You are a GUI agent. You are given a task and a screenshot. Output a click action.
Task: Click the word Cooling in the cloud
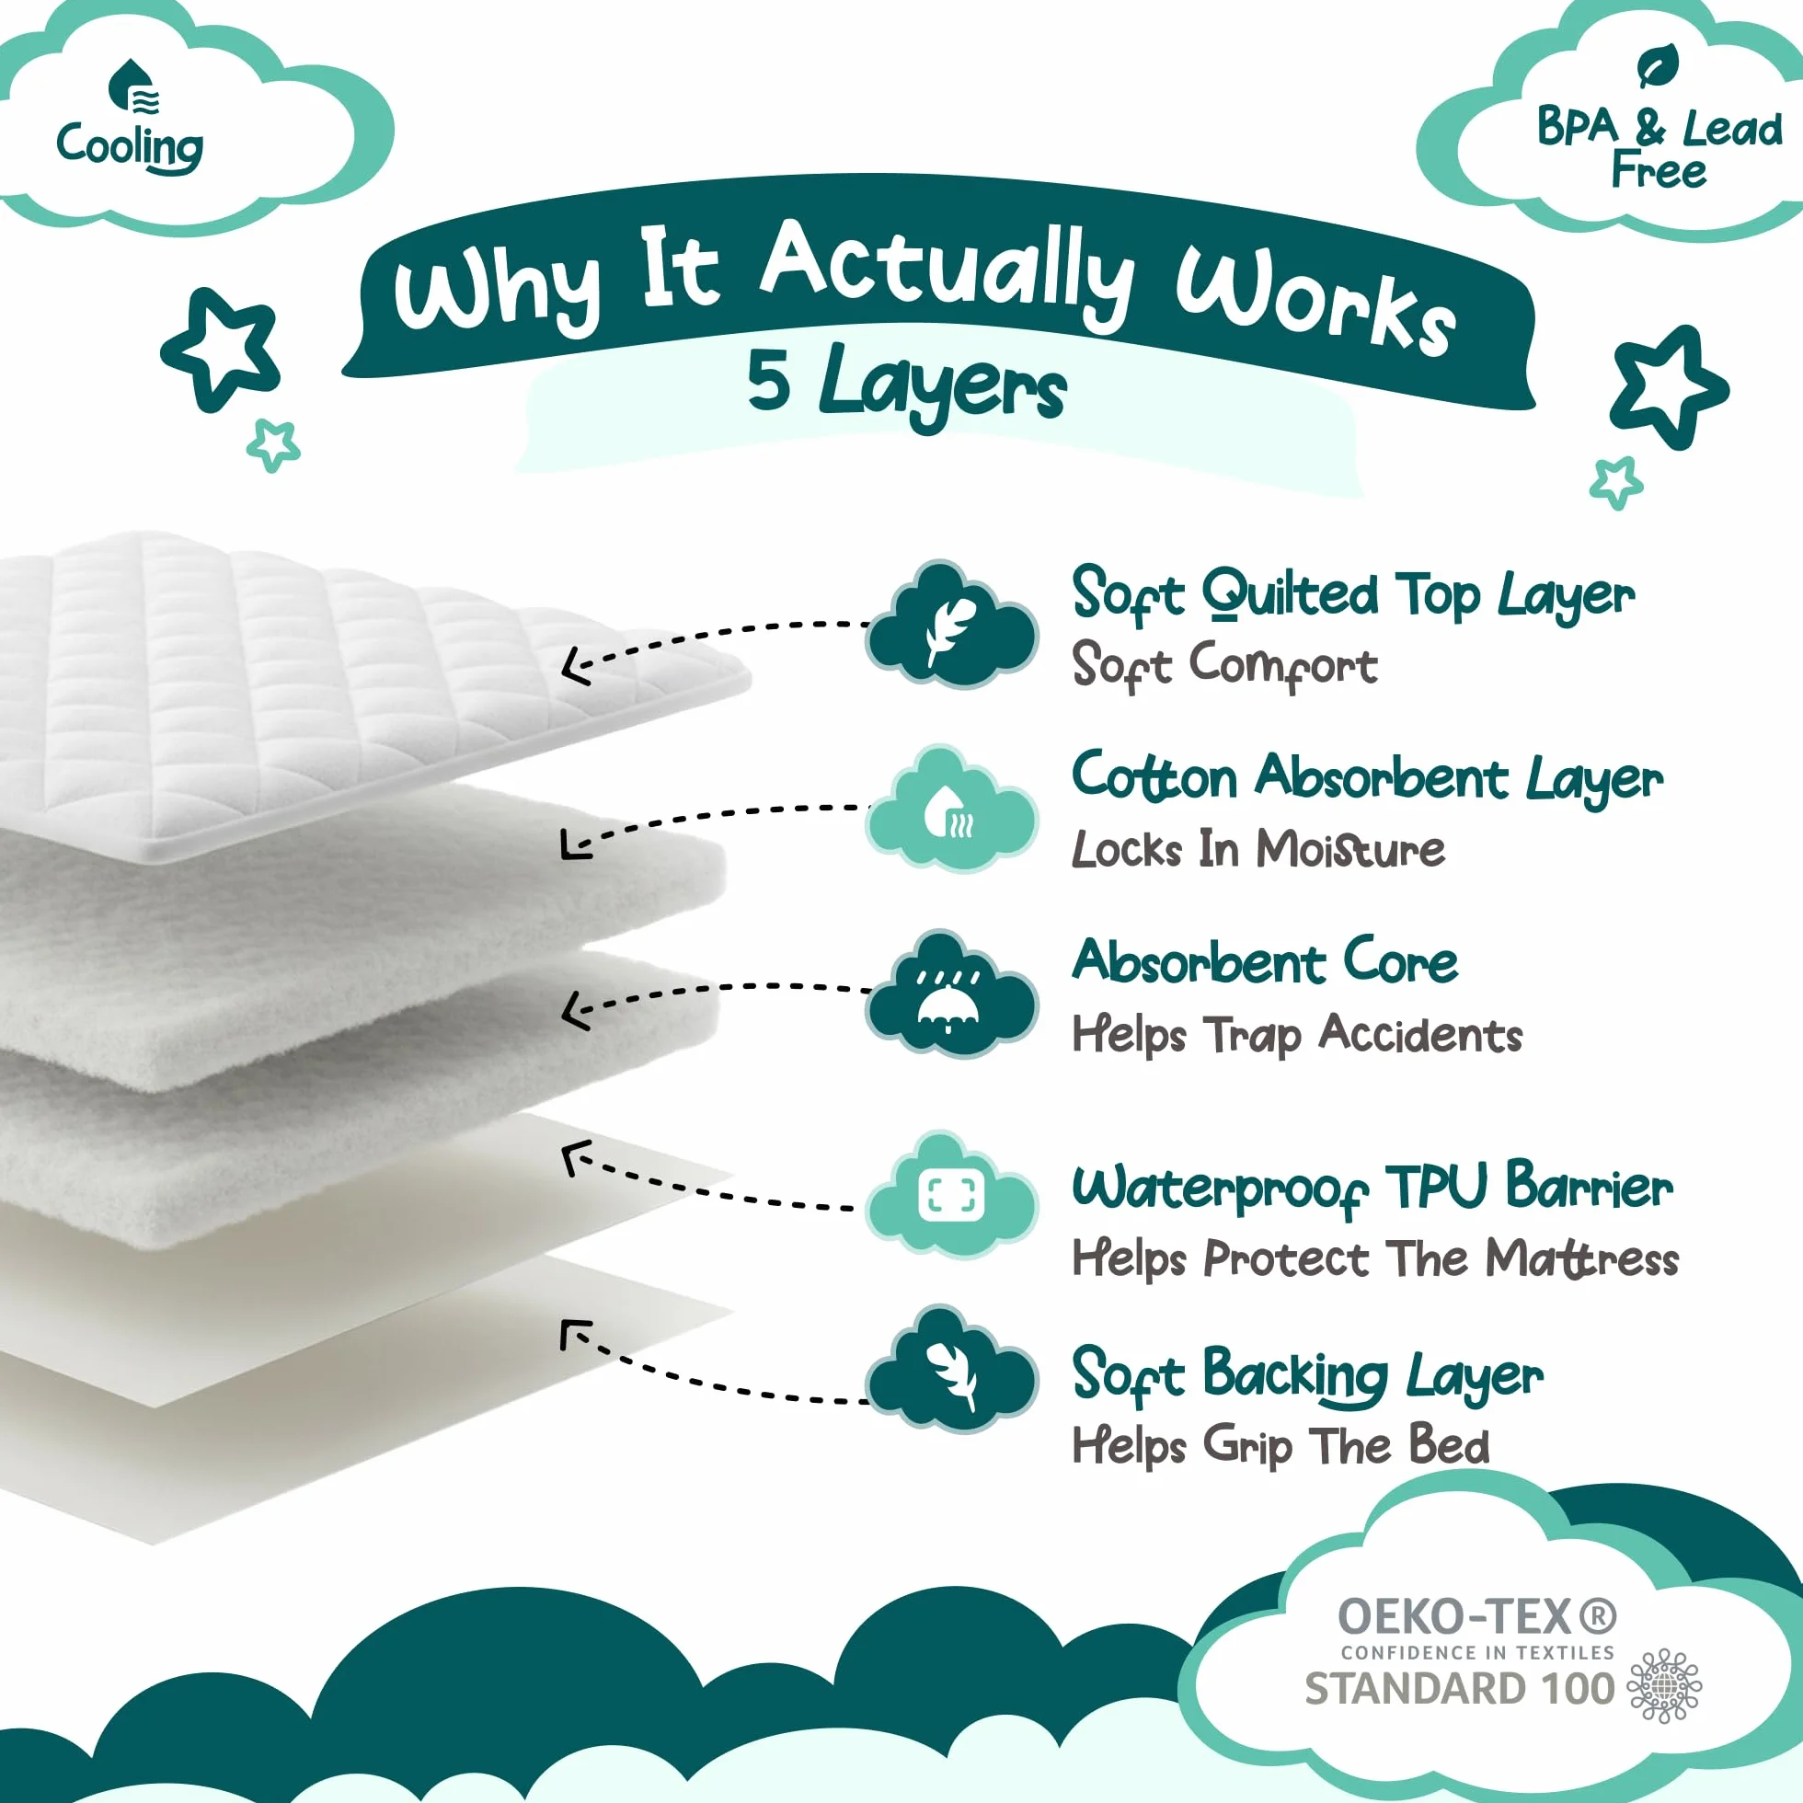pyautogui.click(x=130, y=146)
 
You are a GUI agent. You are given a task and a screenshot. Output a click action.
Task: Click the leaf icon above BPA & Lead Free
pyautogui.click(x=1659, y=65)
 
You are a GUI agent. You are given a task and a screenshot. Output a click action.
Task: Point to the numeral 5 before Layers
pyautogui.click(x=769, y=382)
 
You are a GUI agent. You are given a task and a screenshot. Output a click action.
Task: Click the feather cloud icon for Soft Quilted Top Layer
pyautogui.click(x=951, y=625)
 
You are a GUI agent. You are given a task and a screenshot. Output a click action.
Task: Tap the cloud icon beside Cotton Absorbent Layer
pyautogui.click(x=951, y=810)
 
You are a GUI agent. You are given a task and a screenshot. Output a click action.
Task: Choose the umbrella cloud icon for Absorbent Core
pyautogui.click(x=951, y=993)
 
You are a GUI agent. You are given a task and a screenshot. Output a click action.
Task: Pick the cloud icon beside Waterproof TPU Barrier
pyautogui.click(x=951, y=1195)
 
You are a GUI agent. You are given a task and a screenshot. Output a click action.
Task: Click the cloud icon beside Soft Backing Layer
pyautogui.click(x=951, y=1370)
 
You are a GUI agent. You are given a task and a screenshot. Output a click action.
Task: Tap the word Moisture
pyautogui.click(x=1350, y=849)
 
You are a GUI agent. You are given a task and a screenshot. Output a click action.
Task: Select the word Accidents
pyautogui.click(x=1420, y=1034)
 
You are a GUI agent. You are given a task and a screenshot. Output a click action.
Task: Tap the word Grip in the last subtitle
pyautogui.click(x=1248, y=1446)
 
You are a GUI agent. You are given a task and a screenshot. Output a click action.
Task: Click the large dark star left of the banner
pyautogui.click(x=221, y=349)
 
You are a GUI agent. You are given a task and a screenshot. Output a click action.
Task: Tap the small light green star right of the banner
pyautogui.click(x=1615, y=481)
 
